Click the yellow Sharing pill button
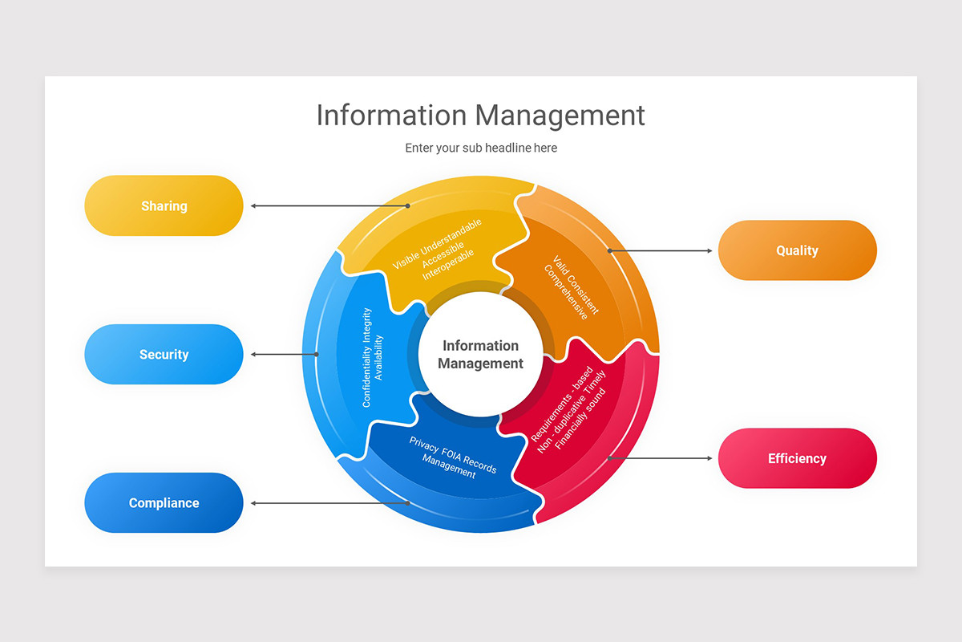coord(164,205)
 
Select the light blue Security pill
coord(164,354)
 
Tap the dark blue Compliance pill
coord(164,502)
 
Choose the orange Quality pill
coord(797,250)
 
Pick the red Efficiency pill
coord(797,458)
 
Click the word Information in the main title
coord(391,115)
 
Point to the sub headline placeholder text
coord(481,148)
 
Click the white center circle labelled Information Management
coord(481,354)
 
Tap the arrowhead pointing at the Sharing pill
coord(253,205)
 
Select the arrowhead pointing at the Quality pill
coord(709,250)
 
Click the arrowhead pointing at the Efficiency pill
coord(709,458)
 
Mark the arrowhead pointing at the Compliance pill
coord(253,503)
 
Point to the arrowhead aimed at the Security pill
coord(253,354)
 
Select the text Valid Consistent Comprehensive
coord(572,287)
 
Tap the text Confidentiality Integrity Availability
coord(372,357)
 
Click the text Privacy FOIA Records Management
coord(451,458)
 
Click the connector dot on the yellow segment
coord(407,205)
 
